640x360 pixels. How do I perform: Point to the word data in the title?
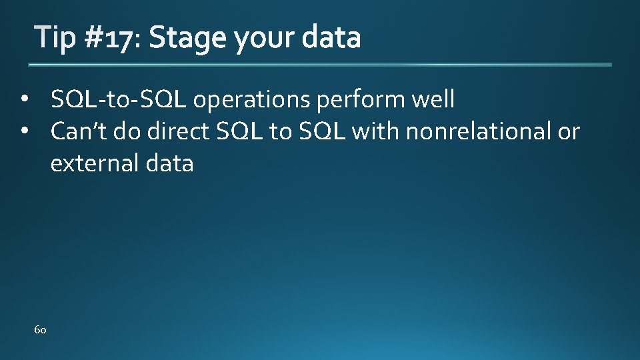click(331, 38)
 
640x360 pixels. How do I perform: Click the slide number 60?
click(40, 330)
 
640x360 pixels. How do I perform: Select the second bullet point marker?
click(25, 132)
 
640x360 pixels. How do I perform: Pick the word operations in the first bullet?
click(253, 101)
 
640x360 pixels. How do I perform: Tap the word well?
click(433, 100)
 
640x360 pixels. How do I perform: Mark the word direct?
click(179, 131)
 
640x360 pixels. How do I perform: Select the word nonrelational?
click(478, 131)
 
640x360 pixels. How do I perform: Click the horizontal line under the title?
click(320, 65)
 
